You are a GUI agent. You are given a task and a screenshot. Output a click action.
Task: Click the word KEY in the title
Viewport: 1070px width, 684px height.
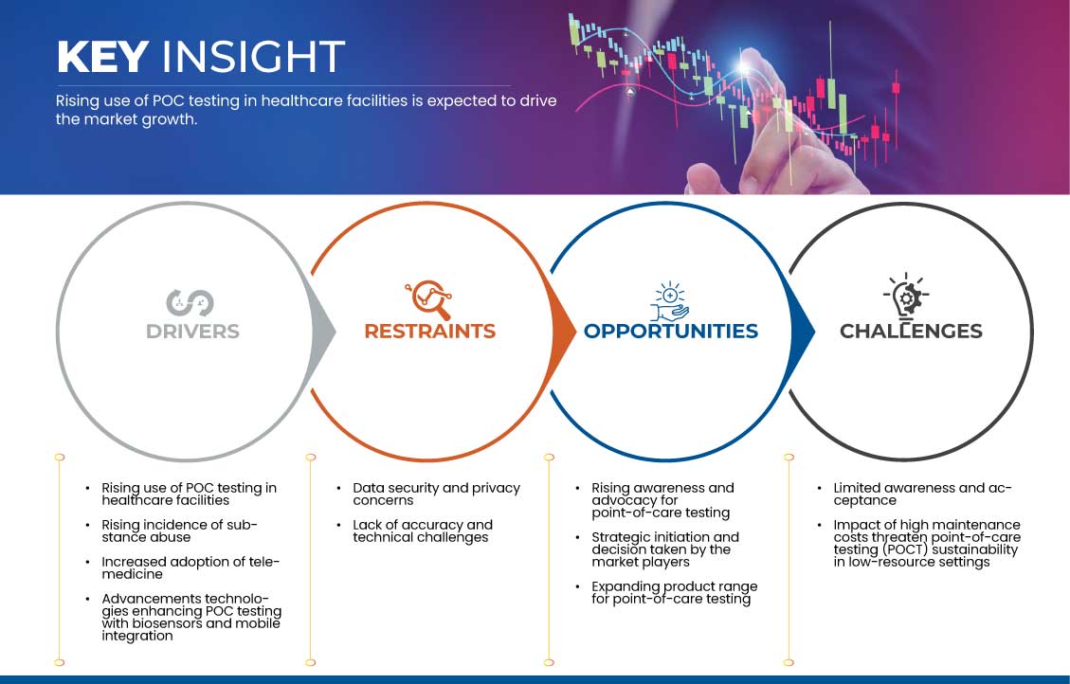(x=102, y=57)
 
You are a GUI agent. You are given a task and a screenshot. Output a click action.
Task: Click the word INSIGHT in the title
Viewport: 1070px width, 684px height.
(x=253, y=57)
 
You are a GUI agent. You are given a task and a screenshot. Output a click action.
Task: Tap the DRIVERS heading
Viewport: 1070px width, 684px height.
(x=192, y=332)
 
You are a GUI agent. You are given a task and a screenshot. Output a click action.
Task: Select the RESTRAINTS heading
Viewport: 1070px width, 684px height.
(x=430, y=332)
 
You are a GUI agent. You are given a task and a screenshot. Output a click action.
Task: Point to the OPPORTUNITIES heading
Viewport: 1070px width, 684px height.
(x=671, y=332)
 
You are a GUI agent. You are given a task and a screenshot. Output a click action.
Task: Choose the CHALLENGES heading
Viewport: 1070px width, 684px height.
(x=911, y=332)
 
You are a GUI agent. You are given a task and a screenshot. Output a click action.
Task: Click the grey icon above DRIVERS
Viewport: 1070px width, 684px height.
(x=190, y=303)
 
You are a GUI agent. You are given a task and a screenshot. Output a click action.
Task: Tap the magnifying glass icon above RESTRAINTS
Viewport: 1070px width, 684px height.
(x=428, y=299)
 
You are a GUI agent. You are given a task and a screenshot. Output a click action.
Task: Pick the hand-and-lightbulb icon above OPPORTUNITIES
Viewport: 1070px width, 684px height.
(x=669, y=300)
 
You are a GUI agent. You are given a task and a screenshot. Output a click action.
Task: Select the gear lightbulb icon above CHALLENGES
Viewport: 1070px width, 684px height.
(x=906, y=297)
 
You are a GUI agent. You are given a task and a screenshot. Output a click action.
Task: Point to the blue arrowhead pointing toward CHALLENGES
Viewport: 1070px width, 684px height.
(x=803, y=333)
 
